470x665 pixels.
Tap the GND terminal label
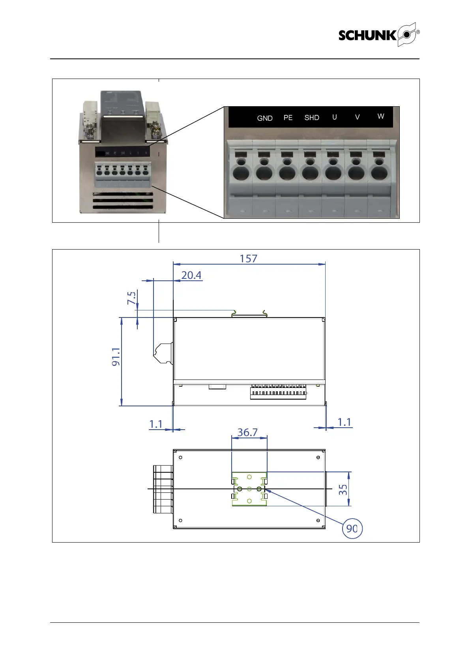[x=265, y=118]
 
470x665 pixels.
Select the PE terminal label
[x=288, y=118]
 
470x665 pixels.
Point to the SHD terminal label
[x=312, y=118]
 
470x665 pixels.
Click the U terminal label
[x=335, y=117]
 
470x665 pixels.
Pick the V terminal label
[x=358, y=117]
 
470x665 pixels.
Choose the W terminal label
[x=381, y=116]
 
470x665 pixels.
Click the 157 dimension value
[x=249, y=259]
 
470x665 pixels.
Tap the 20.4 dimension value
[x=191, y=275]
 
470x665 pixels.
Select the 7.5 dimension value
[x=132, y=298]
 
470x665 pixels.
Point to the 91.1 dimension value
[x=116, y=357]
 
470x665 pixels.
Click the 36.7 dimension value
[x=247, y=432]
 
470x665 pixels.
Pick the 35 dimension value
[x=343, y=490]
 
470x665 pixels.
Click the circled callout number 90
[x=352, y=528]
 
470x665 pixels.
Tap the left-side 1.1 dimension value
[x=156, y=424]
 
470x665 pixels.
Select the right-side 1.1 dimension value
[x=344, y=422]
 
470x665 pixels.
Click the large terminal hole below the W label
[x=379, y=173]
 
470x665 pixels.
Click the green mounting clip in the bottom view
[x=249, y=489]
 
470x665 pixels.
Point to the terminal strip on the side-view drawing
[x=278, y=393]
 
